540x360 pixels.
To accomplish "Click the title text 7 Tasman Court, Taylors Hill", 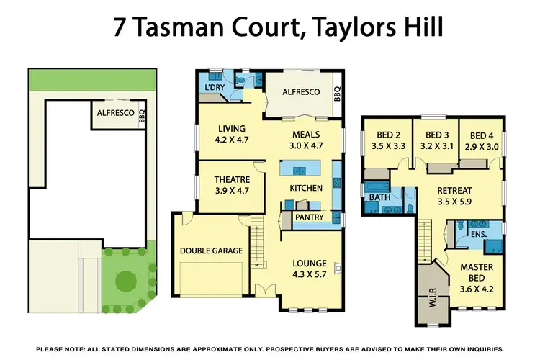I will pyautogui.click(x=270, y=27).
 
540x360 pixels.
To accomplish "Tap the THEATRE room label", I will pyautogui.click(x=232, y=180).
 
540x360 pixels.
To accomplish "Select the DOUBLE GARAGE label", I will pyautogui.click(x=212, y=251).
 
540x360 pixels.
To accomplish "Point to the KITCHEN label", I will pyautogui.click(x=306, y=188).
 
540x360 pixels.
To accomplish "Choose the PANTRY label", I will pyautogui.click(x=309, y=216).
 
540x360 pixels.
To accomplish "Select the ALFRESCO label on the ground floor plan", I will pyautogui.click(x=300, y=92).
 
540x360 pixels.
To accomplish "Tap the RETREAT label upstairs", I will pyautogui.click(x=455, y=190).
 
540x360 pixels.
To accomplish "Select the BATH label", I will pyautogui.click(x=379, y=197).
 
